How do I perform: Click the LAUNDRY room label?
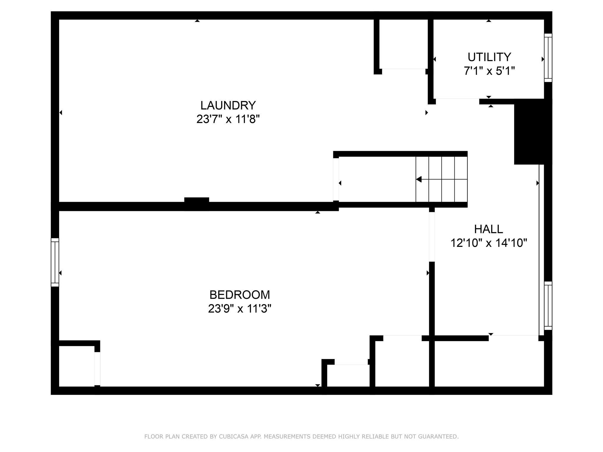pos(228,105)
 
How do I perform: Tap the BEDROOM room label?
pos(239,295)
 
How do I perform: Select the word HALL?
pos(488,229)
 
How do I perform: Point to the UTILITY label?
pos(489,57)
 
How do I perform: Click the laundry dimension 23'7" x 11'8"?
pos(228,119)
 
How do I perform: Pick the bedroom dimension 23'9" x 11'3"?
pos(239,309)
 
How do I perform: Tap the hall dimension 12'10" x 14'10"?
pos(488,243)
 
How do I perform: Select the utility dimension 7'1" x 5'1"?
pos(489,71)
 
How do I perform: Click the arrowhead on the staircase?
pos(419,179)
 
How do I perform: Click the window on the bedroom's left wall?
pos(55,262)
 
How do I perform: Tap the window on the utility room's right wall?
pos(548,58)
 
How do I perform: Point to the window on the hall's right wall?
pos(548,305)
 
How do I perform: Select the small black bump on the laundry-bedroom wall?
pos(196,203)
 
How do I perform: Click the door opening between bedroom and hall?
pos(432,237)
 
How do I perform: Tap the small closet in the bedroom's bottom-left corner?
pos(77,366)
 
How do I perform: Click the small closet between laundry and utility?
pos(403,44)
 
